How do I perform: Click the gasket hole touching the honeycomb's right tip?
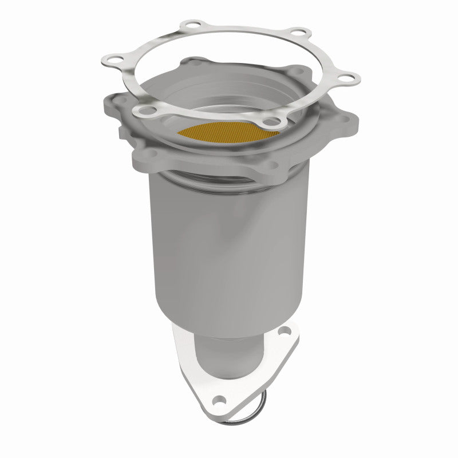pyautogui.click(x=275, y=121)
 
